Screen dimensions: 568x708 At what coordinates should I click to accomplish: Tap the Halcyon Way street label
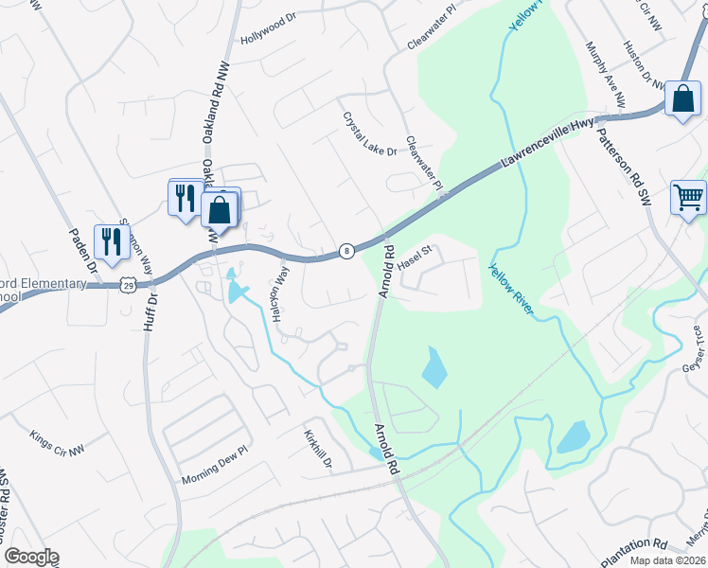point(280,294)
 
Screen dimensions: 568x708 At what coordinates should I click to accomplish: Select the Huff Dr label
point(151,311)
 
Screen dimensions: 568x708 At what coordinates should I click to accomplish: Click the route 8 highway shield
point(347,251)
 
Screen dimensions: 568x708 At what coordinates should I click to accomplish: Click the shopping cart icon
point(688,197)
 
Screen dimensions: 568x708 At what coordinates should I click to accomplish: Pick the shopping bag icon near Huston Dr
point(682,98)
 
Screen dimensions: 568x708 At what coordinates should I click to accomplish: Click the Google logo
point(30,557)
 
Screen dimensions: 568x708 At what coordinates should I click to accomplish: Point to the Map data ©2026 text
point(653,561)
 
